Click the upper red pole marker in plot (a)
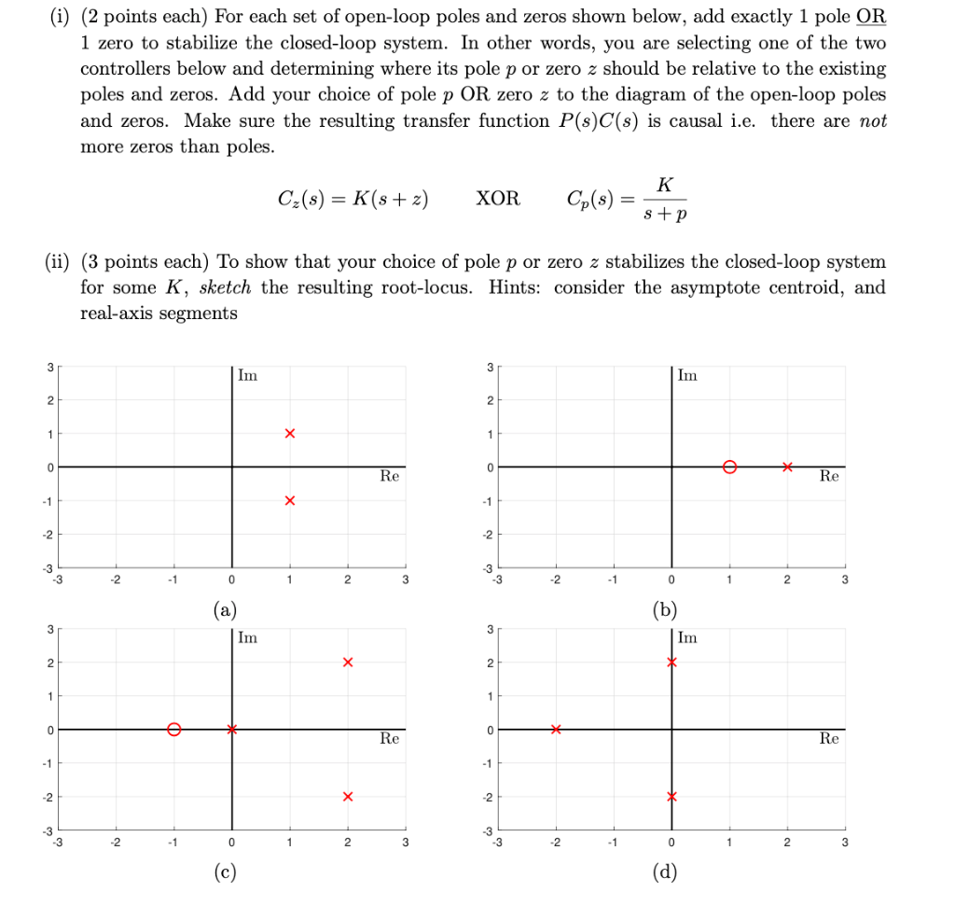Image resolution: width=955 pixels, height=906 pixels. point(290,434)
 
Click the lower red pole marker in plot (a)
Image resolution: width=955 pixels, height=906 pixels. point(290,501)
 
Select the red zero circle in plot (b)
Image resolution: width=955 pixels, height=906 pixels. point(730,467)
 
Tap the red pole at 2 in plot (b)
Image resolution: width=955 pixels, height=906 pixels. point(788,467)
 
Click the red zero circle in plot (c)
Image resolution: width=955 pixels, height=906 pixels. point(173,730)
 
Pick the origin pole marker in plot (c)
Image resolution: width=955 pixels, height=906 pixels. point(232,730)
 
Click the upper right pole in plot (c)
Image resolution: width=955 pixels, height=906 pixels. point(348,662)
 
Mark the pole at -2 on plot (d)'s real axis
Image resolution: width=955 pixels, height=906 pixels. point(556,730)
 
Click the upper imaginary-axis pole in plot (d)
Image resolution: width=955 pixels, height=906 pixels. point(671,662)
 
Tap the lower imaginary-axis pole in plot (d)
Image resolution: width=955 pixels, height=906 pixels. point(671,797)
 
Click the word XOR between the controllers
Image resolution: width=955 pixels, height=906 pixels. point(498,200)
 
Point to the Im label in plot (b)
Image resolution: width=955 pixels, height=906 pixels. point(687,375)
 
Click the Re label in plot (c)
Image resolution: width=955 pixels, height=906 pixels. point(389,738)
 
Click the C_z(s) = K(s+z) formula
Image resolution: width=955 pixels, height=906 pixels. point(353,200)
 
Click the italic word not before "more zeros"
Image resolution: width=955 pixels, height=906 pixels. point(872,121)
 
